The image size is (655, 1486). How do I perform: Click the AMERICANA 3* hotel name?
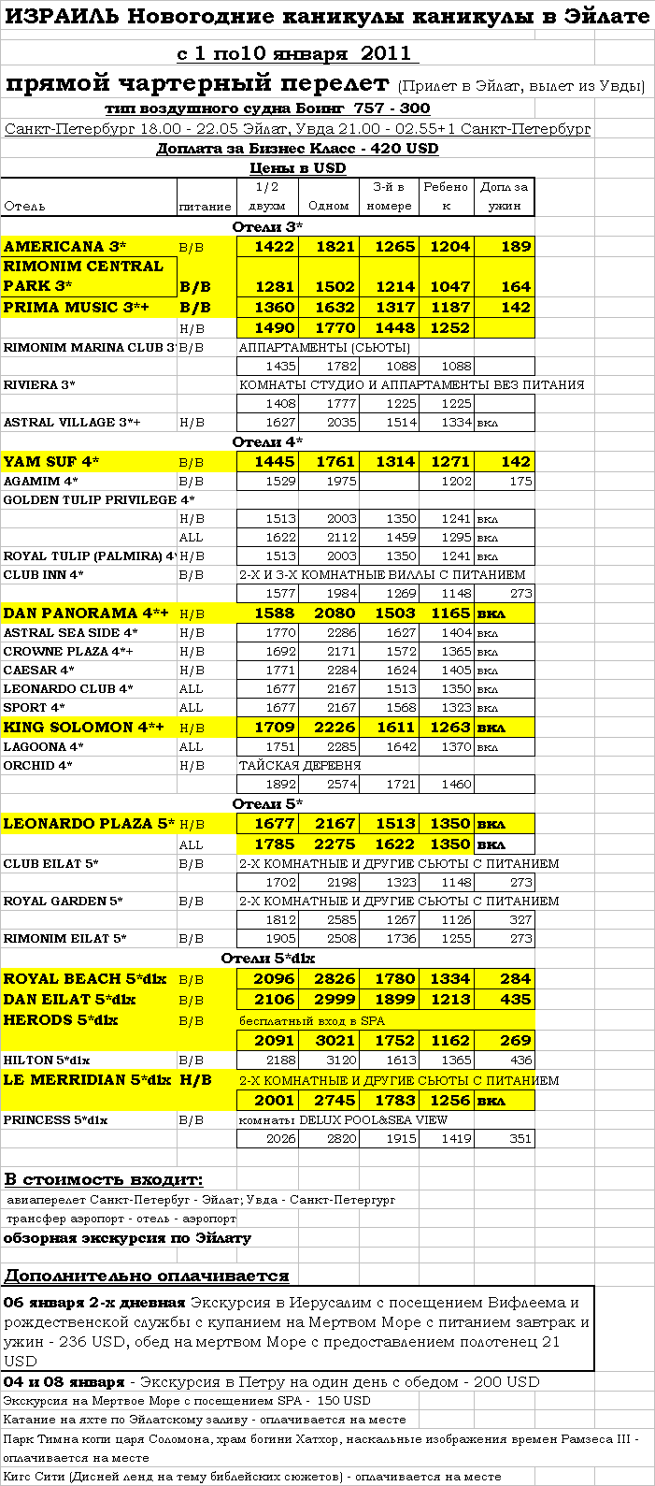point(65,247)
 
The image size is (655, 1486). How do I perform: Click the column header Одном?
point(328,206)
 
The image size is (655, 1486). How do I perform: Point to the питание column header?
point(205,206)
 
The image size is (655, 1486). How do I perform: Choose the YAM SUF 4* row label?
point(51,462)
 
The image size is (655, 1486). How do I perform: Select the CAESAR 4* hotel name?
point(39,671)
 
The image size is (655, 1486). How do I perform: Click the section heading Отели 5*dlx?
point(268,959)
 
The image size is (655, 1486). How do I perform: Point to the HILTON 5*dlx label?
point(47,1060)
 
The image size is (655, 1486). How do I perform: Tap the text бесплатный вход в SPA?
point(312,1020)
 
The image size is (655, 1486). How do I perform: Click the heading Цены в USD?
point(297,168)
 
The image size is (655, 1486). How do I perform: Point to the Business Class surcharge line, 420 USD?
point(297,149)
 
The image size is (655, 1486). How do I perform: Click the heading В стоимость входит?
point(104,1180)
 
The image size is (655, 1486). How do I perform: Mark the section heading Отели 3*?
point(267,227)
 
